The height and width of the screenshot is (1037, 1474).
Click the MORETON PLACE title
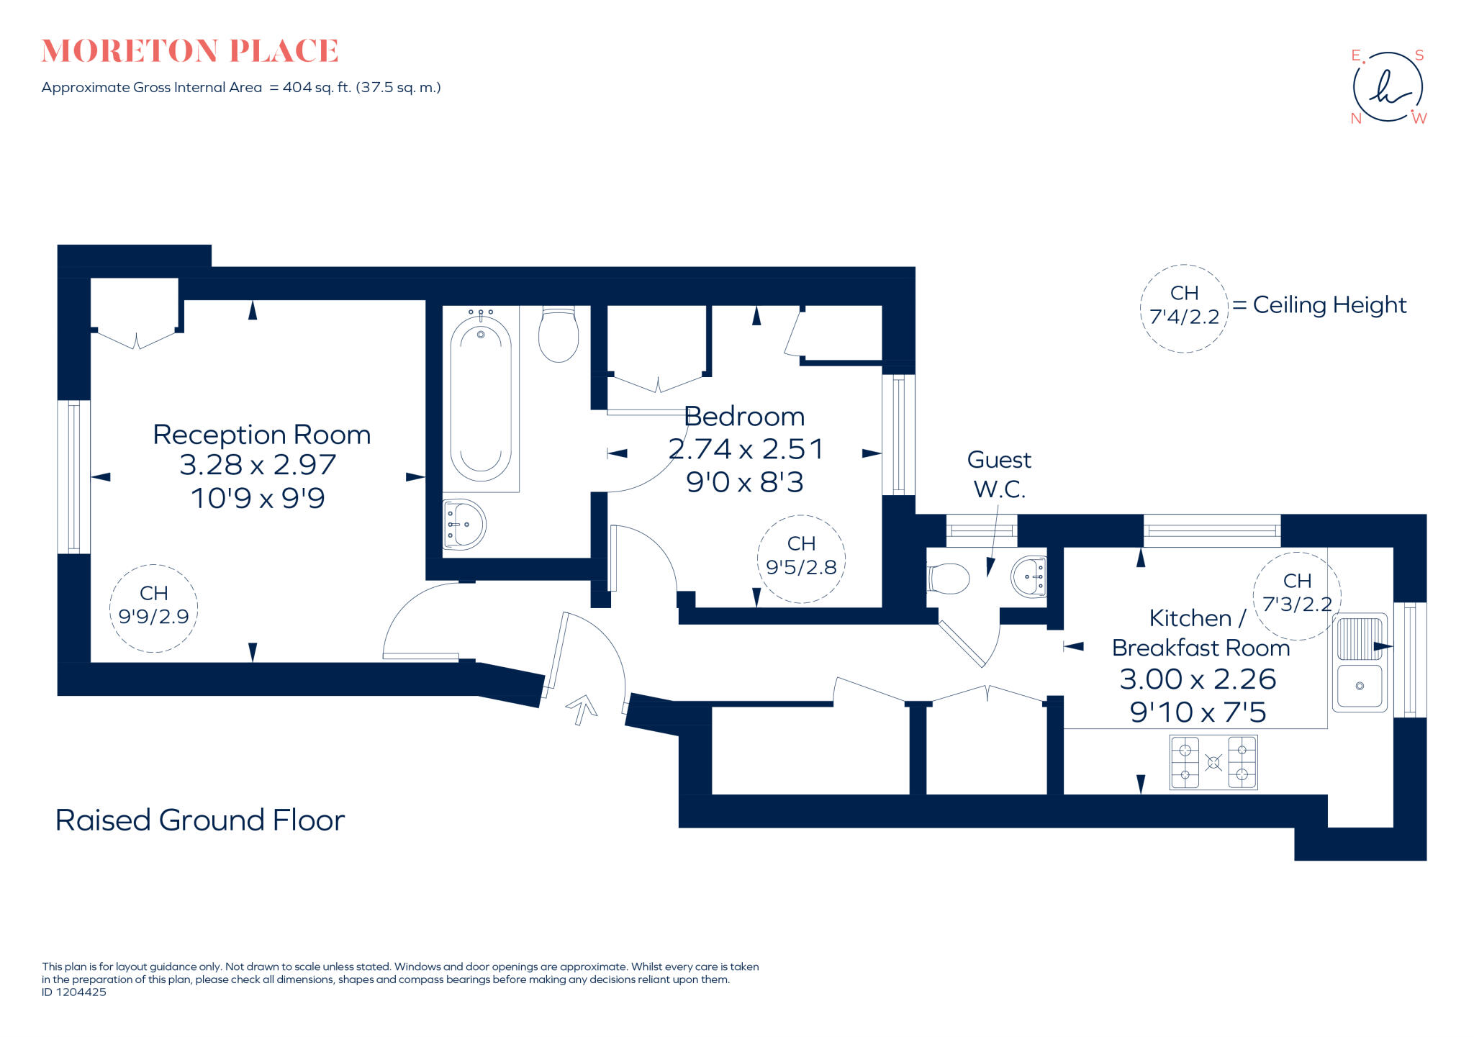click(190, 51)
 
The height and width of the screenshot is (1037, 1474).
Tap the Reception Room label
click(262, 435)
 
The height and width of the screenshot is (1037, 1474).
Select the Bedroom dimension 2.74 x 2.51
click(746, 449)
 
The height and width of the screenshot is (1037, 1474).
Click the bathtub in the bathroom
click(481, 398)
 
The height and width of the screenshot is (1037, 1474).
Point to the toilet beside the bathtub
click(559, 335)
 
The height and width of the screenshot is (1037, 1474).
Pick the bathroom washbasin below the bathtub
click(464, 525)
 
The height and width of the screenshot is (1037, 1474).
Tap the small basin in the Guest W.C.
click(1028, 576)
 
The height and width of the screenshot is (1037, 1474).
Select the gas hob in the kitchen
click(1213, 762)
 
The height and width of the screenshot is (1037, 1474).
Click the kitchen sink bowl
click(1360, 687)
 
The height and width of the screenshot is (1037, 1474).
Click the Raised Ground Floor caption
click(200, 820)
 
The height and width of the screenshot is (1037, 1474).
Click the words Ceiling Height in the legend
click(1329, 305)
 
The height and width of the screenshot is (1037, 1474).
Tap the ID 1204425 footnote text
click(74, 992)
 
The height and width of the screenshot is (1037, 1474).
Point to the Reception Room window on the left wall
click(74, 477)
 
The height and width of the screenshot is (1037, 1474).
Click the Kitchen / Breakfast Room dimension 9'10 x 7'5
click(1198, 712)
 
